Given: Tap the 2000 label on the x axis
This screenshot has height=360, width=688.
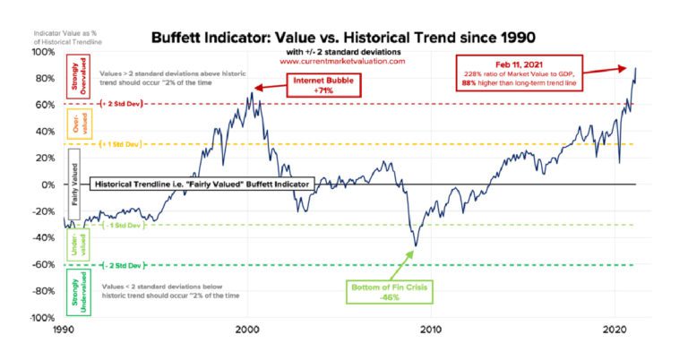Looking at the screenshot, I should [x=247, y=330].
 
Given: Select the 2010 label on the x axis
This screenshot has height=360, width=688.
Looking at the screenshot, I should [x=431, y=330].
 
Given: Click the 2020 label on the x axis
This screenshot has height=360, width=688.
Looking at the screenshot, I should [x=615, y=330].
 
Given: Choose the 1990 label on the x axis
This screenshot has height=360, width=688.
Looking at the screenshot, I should [x=64, y=330].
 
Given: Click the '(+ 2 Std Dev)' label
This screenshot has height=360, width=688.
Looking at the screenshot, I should [x=124, y=104].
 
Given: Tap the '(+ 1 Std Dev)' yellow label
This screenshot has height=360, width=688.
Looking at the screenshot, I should [x=124, y=144].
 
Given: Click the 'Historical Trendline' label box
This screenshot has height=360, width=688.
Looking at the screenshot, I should [x=202, y=184].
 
